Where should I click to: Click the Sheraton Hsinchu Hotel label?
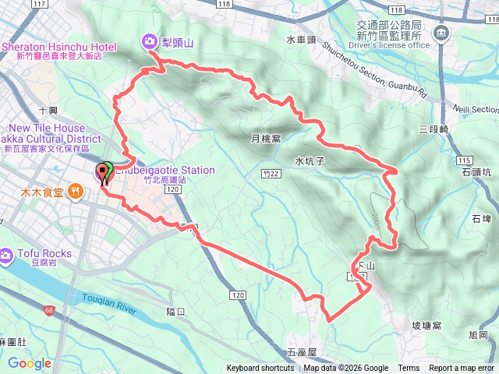point(58,47)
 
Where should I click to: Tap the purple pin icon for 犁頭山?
point(148,41)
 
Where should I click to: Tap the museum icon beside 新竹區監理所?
point(441,33)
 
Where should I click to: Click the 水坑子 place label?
point(310,161)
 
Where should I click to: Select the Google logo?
point(29,363)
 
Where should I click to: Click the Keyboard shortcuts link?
point(260,369)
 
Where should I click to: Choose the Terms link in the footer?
point(409,369)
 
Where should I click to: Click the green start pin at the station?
point(107,171)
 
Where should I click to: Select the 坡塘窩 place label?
point(426,325)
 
